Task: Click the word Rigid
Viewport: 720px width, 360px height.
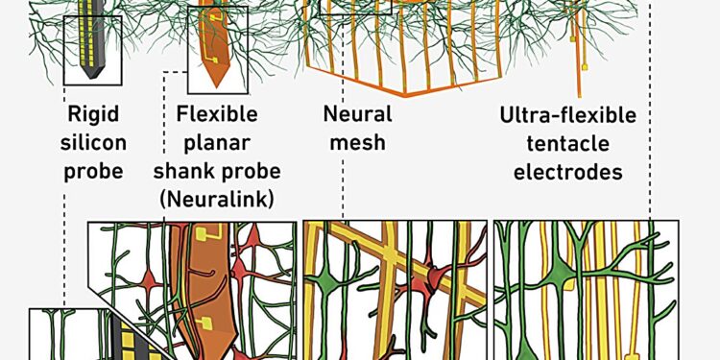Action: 93,115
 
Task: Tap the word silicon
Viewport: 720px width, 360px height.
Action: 93,144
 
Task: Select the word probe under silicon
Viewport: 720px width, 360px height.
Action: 93,173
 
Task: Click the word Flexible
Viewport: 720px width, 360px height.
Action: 218,115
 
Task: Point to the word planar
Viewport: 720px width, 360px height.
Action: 218,144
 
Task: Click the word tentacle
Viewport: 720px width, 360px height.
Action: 568,144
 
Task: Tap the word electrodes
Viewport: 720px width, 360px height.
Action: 568,173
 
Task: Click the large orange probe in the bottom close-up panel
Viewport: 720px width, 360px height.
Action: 200,288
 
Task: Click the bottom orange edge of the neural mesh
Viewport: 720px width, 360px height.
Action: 413,97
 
